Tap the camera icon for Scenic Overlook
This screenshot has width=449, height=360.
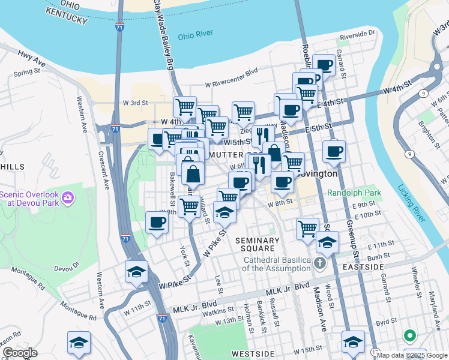click(x=67, y=197)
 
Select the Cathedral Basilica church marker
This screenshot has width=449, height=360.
click(x=320, y=263)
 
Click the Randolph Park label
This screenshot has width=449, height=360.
click(x=355, y=193)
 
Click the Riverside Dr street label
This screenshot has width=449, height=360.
click(x=357, y=36)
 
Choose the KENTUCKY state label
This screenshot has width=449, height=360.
click(x=66, y=20)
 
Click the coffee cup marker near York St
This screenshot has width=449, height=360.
click(x=157, y=222)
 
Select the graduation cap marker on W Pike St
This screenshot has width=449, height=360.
click(x=137, y=271)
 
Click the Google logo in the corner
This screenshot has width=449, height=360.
click(x=20, y=353)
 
